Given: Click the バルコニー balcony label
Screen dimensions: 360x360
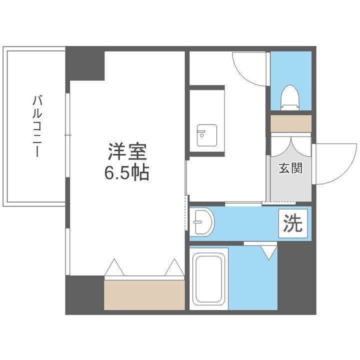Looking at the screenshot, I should pyautogui.click(x=36, y=126).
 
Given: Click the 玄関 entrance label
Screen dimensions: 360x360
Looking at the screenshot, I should pyautogui.click(x=290, y=168).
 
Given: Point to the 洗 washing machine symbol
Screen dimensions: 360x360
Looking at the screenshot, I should pyautogui.click(x=293, y=223).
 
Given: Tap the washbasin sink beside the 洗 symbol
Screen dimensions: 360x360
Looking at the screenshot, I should pyautogui.click(x=202, y=222).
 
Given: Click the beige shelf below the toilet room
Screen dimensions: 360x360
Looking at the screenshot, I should pyautogui.click(x=291, y=123).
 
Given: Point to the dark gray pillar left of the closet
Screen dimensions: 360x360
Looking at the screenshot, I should pyautogui.click(x=84, y=294).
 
